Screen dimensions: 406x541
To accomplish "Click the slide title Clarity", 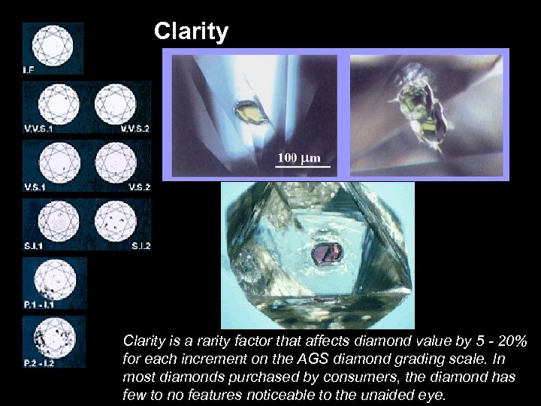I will pyautogui.click(x=191, y=32).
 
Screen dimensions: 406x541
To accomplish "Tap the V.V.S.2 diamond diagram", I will pyautogui.click(x=115, y=103).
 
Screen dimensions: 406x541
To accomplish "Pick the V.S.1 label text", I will pyautogui.click(x=35, y=186).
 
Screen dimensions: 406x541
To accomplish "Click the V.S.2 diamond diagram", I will pyautogui.click(x=115, y=161).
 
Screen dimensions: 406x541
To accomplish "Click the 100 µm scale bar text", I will pyautogui.click(x=299, y=158).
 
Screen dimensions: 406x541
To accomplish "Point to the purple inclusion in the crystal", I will pyautogui.click(x=327, y=253).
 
